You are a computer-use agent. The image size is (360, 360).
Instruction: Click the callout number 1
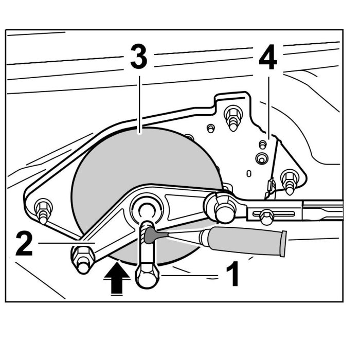[232, 274]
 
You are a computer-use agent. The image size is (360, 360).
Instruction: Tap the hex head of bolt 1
[147, 277]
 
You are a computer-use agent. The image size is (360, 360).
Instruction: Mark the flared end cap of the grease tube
[282, 244]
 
